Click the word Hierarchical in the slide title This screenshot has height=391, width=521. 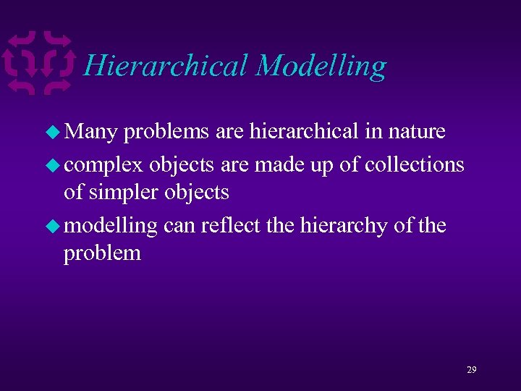coord(166,65)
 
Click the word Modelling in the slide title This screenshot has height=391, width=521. coord(321,65)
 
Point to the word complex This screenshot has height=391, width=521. coord(103,165)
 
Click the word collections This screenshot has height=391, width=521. coord(415,164)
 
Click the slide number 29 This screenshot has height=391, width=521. coord(472,370)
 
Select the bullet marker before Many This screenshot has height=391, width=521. coord(54,133)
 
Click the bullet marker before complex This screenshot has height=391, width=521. coord(54,165)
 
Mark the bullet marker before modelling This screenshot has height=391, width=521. coord(54,226)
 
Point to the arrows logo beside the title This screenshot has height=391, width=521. coord(39,62)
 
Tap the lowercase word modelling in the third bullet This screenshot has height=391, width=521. coord(111,226)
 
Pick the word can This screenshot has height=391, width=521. coord(179,226)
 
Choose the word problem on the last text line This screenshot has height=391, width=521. coord(102,254)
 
